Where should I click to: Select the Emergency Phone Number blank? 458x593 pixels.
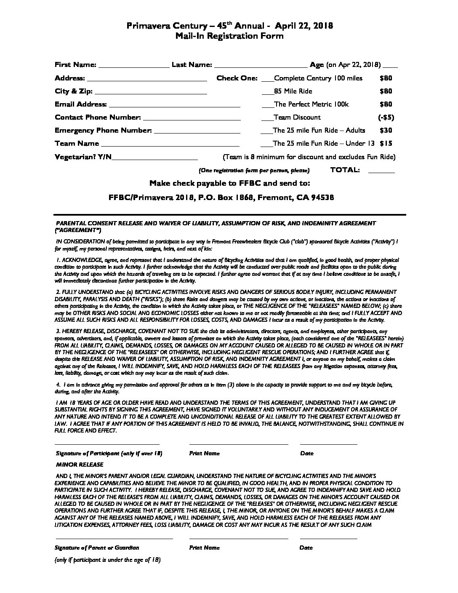pos(197,131)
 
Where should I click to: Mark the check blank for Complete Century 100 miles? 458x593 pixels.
pos(267,79)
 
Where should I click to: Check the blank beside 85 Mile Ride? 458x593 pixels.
pos(267,92)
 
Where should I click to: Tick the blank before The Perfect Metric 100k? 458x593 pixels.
pos(267,105)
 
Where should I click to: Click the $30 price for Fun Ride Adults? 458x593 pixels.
pos(386,131)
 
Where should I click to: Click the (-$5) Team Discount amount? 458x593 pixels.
pos(386,118)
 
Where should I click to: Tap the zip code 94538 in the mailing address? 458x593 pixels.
pos(322,198)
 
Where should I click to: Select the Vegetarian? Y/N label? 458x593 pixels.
pos(83,157)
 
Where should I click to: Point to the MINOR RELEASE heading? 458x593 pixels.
pos(80,465)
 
